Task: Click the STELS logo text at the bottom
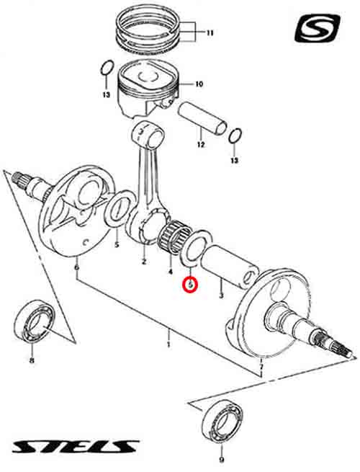pos(76,446)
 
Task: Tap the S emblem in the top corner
pos(318,28)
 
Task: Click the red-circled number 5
pos(190,284)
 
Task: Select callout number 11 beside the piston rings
pos(210,32)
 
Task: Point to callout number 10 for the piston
pos(199,84)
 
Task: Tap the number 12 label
pos(201,145)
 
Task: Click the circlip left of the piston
pos(107,68)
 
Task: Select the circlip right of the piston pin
pos(235,136)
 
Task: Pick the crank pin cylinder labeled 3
pos(230,264)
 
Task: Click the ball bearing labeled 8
pos(35,321)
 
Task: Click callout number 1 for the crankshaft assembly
pos(168,344)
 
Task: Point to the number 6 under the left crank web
pos(77,267)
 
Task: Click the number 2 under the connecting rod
pos(144,262)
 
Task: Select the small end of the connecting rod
pos(148,133)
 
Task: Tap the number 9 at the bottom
pos(222,460)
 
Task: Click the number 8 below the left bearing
pos(32,360)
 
